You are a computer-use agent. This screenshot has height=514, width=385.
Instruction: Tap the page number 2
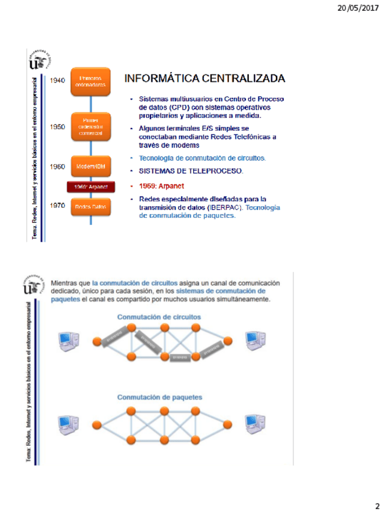pos(377,506)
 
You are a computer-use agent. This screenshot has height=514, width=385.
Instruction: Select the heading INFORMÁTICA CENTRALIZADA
pos(204,79)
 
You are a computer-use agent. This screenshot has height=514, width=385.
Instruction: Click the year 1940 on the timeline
pos(58,81)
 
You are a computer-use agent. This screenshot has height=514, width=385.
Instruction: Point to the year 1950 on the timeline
pos(58,127)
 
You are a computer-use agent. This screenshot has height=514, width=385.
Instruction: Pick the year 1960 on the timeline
pos(58,166)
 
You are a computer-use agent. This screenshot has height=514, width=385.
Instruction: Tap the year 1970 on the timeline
pos(58,206)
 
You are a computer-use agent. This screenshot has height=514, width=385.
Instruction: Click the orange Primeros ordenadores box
pos(90,82)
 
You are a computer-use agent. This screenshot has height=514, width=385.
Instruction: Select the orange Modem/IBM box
pos(90,166)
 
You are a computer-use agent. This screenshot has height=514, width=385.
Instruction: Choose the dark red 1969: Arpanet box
pos(90,187)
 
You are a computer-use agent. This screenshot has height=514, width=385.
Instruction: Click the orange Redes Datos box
pos(90,207)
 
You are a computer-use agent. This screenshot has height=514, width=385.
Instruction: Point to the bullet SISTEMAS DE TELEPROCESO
pos(191,171)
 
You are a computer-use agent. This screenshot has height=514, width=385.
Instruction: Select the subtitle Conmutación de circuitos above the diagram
pos(159,316)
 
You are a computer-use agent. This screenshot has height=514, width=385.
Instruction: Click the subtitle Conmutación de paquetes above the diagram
pos(159,398)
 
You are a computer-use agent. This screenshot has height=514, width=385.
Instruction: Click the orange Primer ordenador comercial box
pos(90,125)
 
